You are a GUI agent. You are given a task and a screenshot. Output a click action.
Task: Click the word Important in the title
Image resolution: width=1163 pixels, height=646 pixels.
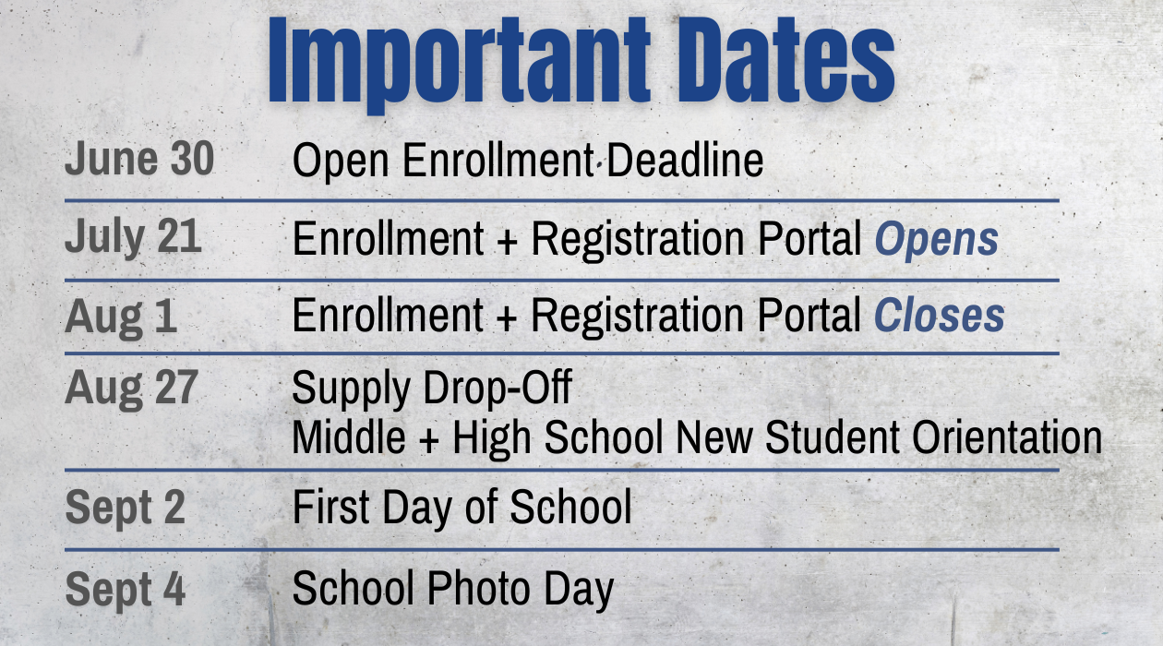click(x=459, y=64)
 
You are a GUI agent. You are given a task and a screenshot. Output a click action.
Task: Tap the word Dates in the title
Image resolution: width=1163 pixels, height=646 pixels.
click(x=786, y=60)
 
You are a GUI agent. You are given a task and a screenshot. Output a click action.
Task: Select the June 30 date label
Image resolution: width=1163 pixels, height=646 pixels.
click(x=139, y=158)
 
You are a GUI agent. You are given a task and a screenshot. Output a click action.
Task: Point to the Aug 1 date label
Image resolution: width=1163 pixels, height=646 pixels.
click(x=120, y=317)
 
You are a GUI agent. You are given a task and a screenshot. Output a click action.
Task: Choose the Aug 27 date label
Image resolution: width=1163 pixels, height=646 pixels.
click(x=131, y=389)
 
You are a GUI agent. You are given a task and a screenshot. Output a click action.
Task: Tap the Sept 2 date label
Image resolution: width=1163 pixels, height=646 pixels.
click(x=126, y=508)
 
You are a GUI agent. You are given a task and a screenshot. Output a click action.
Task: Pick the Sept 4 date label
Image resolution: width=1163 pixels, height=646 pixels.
click(x=126, y=590)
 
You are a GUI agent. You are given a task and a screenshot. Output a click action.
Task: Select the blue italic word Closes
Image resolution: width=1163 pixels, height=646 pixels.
click(x=940, y=316)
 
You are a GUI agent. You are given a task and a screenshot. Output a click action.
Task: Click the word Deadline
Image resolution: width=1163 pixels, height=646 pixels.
click(x=685, y=160)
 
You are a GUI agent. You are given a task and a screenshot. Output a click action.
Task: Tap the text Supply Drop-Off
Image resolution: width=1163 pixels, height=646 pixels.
click(x=432, y=389)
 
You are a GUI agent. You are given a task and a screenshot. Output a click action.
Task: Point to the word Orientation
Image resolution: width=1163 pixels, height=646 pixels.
click(x=1007, y=437)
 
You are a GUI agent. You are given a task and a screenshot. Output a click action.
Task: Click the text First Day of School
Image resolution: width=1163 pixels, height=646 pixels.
click(x=462, y=508)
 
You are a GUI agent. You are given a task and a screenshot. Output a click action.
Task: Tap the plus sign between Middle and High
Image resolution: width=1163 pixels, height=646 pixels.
click(x=429, y=439)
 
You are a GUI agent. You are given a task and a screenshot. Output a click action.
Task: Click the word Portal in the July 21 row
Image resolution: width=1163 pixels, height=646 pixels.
click(x=809, y=239)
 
